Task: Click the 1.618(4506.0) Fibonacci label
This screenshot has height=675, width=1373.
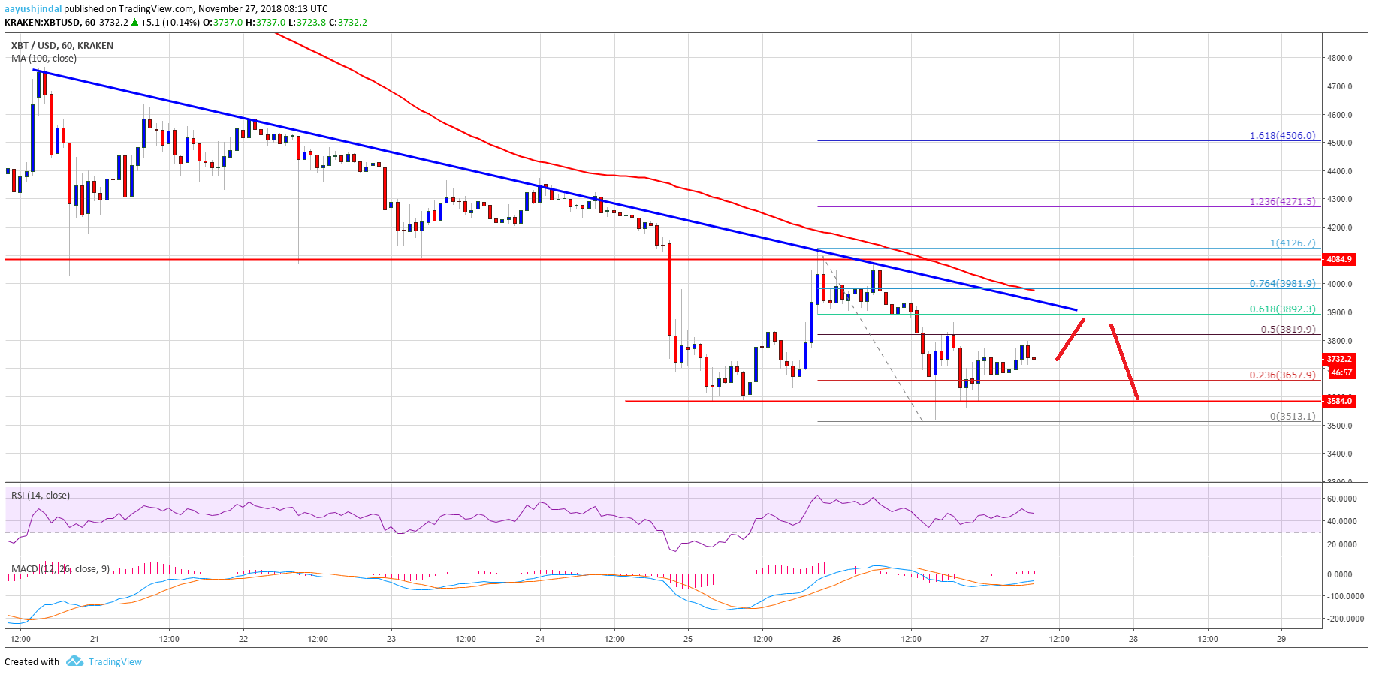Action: coord(1282,136)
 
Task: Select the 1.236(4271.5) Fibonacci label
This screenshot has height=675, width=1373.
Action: coord(1282,201)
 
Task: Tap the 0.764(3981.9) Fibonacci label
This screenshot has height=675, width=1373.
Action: coord(1282,283)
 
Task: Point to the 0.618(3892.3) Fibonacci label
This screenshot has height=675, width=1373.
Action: coord(1282,309)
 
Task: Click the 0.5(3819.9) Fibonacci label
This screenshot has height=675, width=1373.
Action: coord(1287,329)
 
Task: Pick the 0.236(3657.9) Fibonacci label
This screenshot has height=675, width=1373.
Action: coord(1282,375)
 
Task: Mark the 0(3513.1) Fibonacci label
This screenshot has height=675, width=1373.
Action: coord(1292,416)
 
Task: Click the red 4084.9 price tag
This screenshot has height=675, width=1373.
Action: coord(1339,259)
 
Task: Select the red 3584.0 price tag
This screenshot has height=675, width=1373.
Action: coord(1339,401)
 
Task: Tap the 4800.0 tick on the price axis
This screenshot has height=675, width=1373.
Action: coord(1339,58)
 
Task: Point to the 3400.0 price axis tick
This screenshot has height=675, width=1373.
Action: coord(1339,454)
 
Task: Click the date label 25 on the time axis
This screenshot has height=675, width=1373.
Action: coord(688,639)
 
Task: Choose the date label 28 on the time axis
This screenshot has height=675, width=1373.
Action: coord(1133,639)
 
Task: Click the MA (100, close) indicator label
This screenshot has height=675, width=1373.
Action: coord(44,58)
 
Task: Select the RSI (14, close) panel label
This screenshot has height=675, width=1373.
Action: coord(41,495)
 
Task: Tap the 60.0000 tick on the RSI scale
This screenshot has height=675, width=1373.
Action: coord(1341,499)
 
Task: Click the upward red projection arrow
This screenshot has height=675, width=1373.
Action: coord(1070,339)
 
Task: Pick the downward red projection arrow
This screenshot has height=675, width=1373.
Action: coord(1124,362)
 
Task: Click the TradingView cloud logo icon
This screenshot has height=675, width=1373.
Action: coord(74,661)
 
